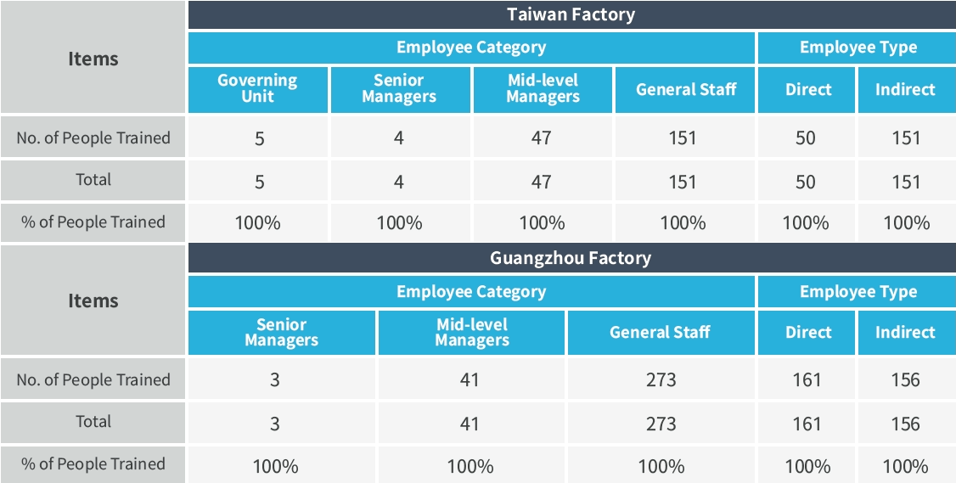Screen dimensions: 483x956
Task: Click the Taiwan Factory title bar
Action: click(x=571, y=14)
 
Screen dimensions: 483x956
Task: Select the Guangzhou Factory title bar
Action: click(x=571, y=258)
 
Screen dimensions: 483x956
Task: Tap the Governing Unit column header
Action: click(x=257, y=88)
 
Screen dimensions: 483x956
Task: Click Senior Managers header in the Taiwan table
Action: click(x=399, y=88)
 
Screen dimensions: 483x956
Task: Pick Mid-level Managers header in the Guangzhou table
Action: click(x=471, y=332)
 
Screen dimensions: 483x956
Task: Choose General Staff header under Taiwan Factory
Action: click(x=685, y=89)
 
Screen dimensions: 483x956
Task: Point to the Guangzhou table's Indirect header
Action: click(x=905, y=332)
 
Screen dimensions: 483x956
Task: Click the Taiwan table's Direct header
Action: click(x=807, y=89)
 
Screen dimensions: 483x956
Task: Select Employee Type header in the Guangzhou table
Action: click(x=858, y=292)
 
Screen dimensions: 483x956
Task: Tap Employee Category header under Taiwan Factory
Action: click(x=471, y=48)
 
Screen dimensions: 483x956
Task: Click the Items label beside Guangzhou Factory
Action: click(x=93, y=300)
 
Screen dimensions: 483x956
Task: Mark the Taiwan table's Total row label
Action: click(x=93, y=180)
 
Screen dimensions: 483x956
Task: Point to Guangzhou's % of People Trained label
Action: click(x=93, y=464)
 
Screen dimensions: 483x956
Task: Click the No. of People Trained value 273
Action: click(x=661, y=379)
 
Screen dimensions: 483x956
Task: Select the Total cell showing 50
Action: click(x=806, y=182)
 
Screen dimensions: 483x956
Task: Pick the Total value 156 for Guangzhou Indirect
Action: click(x=905, y=424)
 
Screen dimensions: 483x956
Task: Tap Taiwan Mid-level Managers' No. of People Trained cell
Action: click(x=541, y=138)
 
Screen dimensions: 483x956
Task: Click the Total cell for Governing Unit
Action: click(x=259, y=182)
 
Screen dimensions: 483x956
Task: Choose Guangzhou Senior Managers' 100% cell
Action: click(x=275, y=466)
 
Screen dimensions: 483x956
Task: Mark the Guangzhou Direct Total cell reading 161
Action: click(x=806, y=424)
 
